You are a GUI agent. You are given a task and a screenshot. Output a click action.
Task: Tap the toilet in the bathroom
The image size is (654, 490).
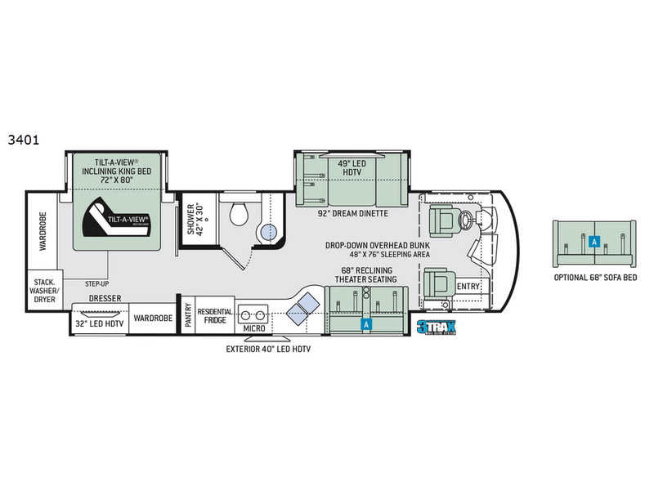(x=240, y=214)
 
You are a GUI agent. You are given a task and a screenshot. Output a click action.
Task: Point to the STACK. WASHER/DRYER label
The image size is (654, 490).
(x=45, y=287)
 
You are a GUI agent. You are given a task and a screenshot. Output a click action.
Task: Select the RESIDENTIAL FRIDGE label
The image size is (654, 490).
(x=215, y=315)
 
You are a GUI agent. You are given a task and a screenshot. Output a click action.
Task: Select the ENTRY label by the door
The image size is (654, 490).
(x=468, y=287)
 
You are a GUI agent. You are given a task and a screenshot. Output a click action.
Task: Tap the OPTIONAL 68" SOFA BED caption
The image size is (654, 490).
(x=594, y=278)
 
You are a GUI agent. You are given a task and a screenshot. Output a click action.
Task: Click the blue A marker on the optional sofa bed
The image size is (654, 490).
(x=594, y=241)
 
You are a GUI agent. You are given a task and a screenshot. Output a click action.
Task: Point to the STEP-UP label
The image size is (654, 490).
(x=97, y=283)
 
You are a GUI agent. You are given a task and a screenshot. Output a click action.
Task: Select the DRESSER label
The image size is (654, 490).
(x=105, y=299)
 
